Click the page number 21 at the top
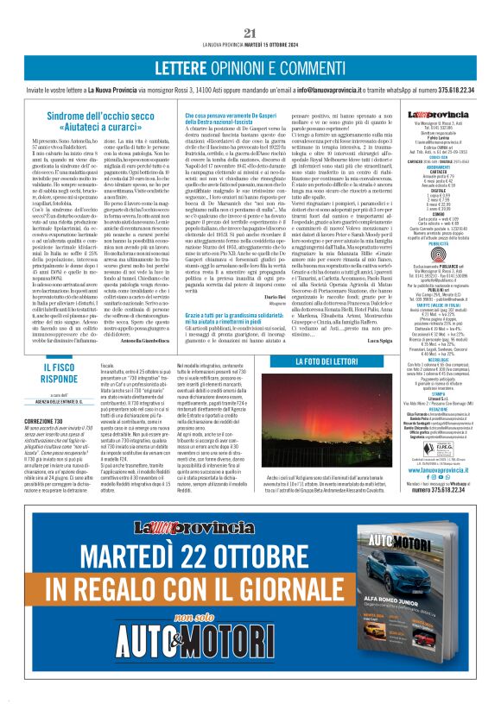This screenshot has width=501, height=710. (250, 34)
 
